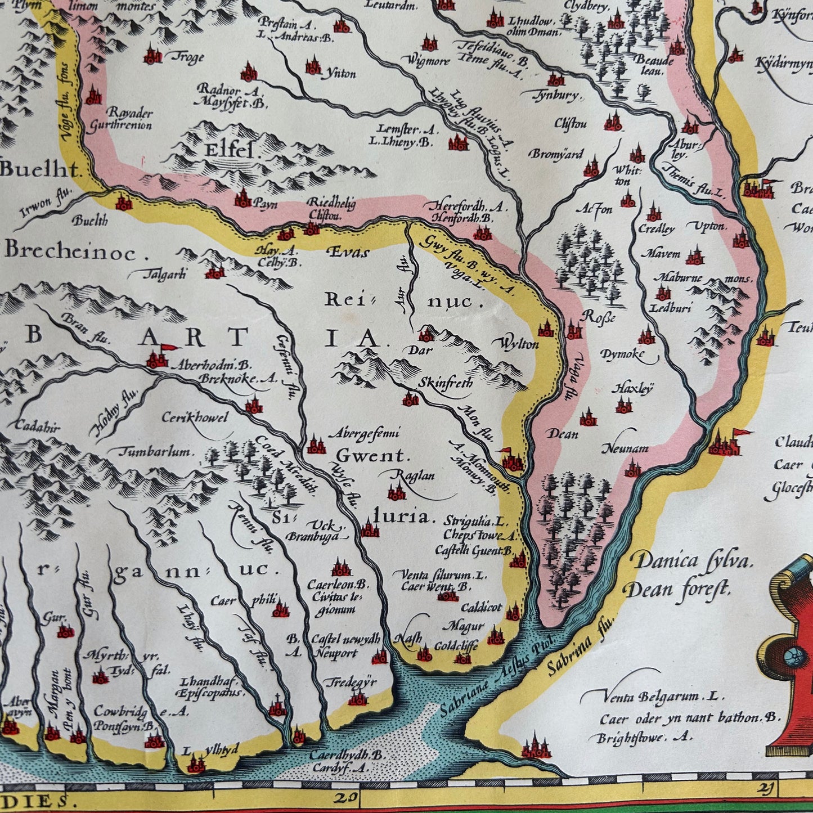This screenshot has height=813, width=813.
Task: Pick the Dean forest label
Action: coord(677,589)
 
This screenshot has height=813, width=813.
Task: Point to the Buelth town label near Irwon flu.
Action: coord(90,221)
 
